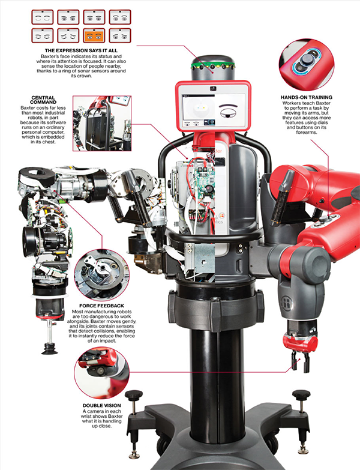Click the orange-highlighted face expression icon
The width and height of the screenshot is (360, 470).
click(94, 35)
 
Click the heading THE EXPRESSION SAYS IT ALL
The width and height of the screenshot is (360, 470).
click(81, 50)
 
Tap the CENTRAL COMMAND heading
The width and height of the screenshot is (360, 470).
click(43, 100)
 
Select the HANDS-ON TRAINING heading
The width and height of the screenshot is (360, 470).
click(307, 97)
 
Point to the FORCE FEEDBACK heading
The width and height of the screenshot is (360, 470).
click(101, 306)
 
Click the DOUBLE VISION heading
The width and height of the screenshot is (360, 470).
click(102, 405)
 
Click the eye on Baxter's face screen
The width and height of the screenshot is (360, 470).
click(229, 113)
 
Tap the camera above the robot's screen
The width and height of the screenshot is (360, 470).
click(213, 88)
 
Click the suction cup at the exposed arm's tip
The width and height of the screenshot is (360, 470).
click(50, 349)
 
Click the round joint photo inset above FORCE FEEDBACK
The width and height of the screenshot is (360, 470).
click(102, 274)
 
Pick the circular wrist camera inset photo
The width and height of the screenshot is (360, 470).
click(102, 373)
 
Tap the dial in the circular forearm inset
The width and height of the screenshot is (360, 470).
click(307, 60)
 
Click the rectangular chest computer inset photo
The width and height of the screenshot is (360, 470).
click(102, 124)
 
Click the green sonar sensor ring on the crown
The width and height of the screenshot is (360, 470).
click(213, 65)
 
